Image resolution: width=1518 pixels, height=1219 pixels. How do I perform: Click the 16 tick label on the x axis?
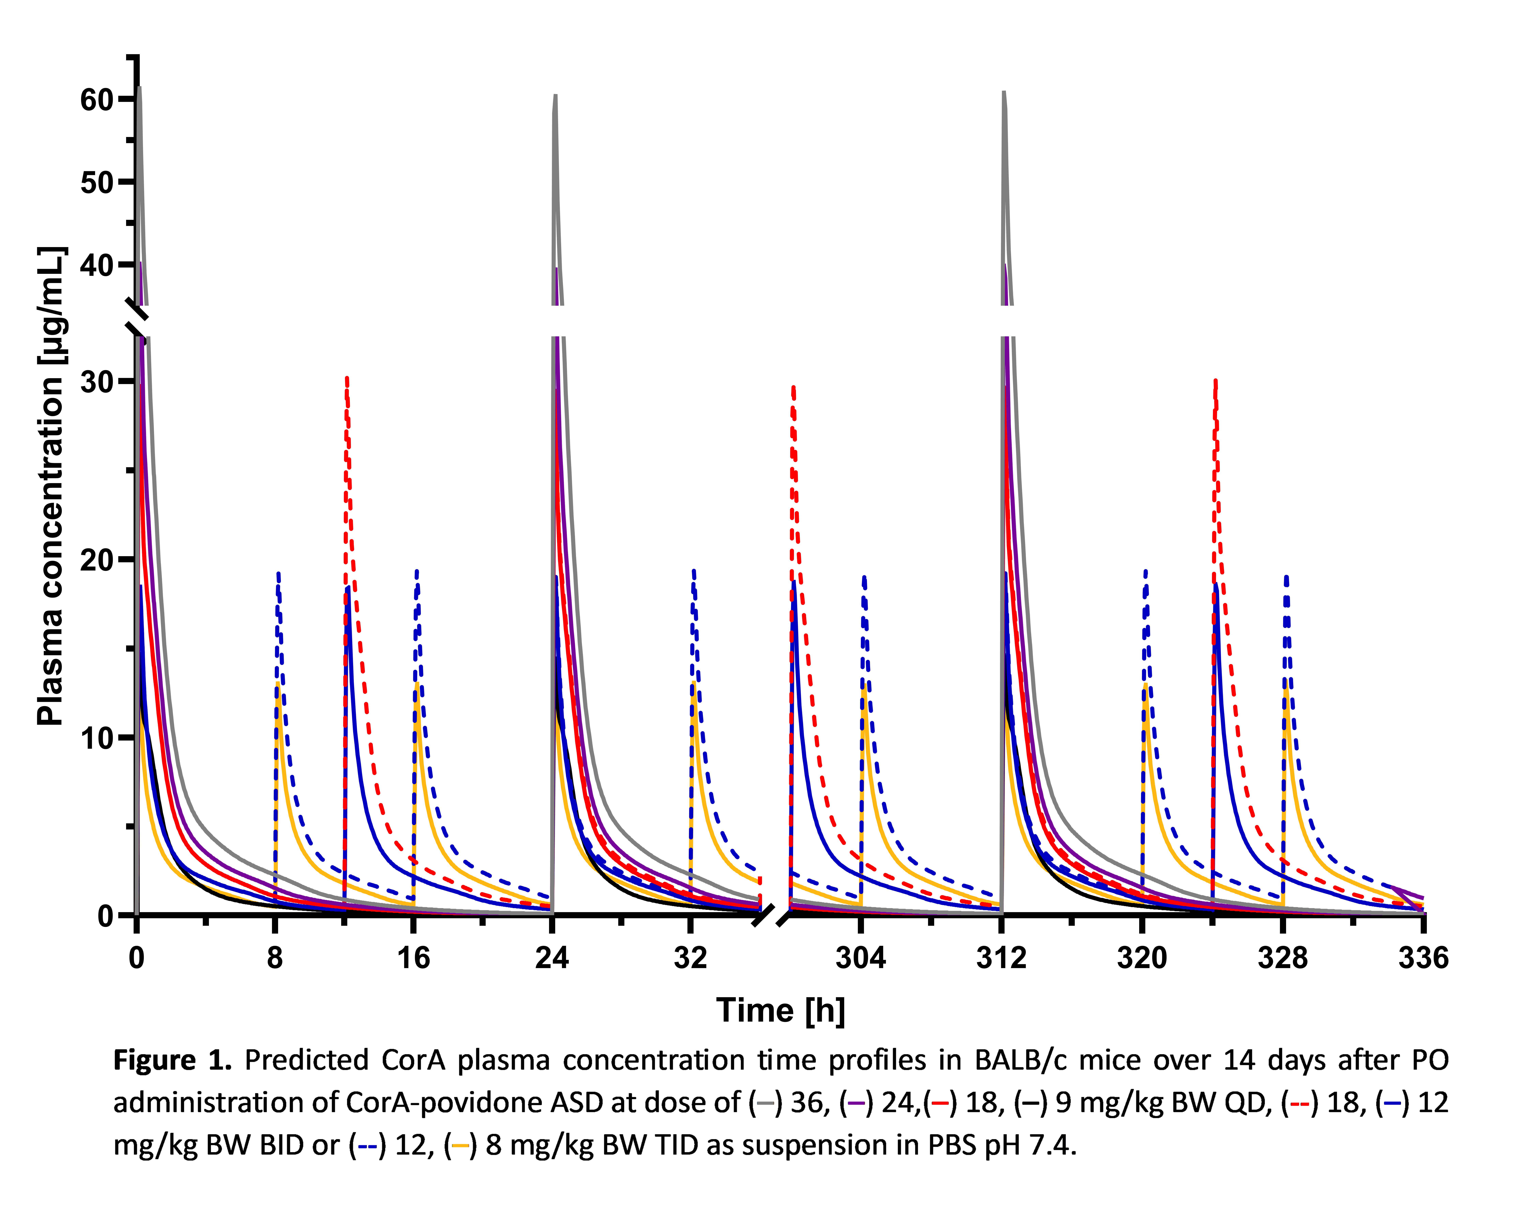coord(413,958)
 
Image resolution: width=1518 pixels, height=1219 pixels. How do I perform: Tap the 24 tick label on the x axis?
coord(552,958)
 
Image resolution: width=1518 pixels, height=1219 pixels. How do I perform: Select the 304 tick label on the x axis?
coord(860,958)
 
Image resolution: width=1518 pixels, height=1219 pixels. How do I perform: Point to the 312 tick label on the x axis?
coord(1001,958)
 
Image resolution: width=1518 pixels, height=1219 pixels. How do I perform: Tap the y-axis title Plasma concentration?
coord(51,486)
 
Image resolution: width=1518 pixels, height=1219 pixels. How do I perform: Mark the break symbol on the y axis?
coord(137,320)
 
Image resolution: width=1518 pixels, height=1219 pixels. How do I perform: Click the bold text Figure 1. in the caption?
coord(172,1060)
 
